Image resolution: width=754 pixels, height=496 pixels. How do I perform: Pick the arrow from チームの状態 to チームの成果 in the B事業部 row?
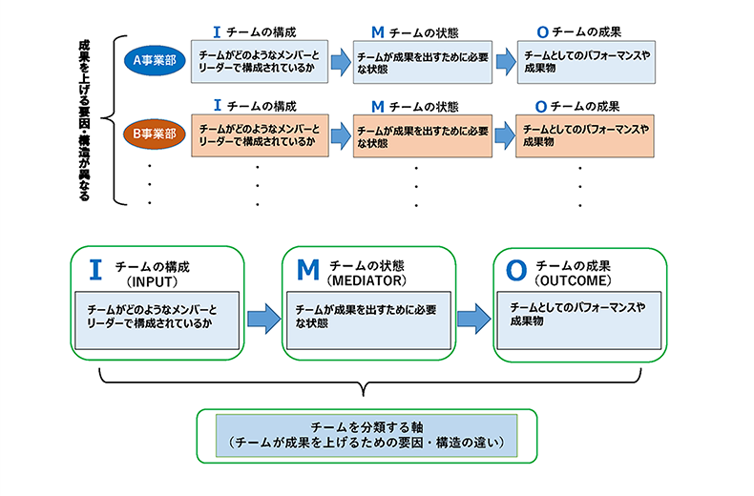pos(504,135)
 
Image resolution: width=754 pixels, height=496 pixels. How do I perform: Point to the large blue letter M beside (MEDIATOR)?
pos(307,270)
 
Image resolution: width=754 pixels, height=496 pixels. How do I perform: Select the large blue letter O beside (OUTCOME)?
pos(515,270)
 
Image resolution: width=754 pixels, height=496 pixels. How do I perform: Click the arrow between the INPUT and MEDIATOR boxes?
pos(259,318)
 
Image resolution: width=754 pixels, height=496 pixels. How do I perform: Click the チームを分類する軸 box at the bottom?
pos(367,436)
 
